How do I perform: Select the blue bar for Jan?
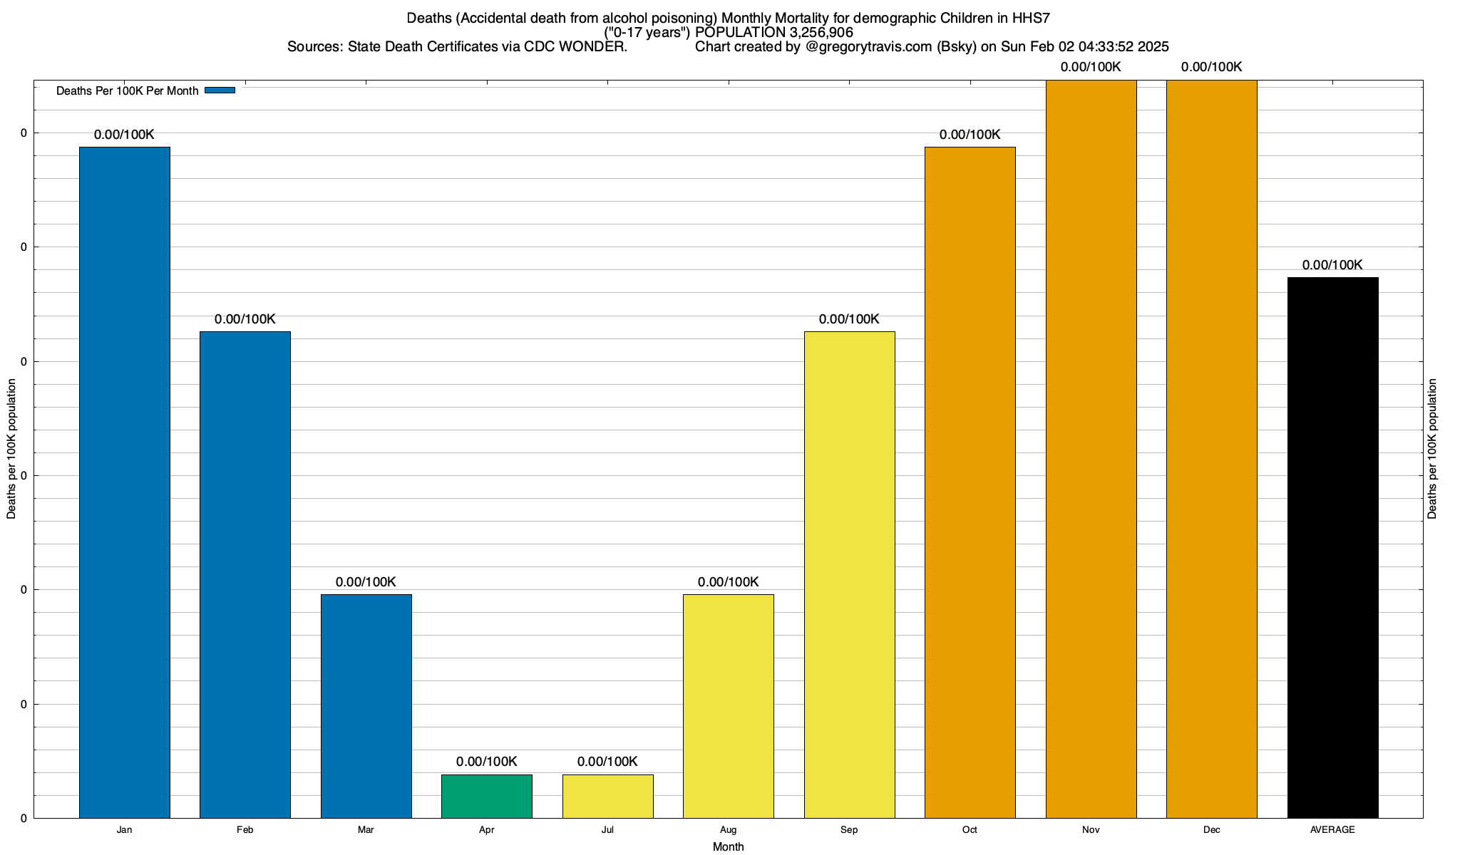(125, 482)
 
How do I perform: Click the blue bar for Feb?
(245, 574)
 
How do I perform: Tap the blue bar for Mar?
(366, 706)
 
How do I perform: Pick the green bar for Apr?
(487, 796)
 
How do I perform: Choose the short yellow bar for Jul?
(607, 796)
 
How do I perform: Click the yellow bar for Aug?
(729, 706)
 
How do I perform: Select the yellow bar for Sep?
(849, 574)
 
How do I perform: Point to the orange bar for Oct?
(970, 482)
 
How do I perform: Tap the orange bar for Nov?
(1091, 449)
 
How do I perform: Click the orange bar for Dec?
(1212, 449)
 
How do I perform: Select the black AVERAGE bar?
(1332, 547)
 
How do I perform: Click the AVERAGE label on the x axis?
(1332, 830)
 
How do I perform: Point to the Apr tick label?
(487, 830)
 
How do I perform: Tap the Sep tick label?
(849, 830)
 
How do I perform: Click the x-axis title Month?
(728, 847)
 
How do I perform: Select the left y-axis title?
(11, 449)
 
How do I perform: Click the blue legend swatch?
(220, 90)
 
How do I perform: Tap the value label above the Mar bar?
(366, 582)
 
